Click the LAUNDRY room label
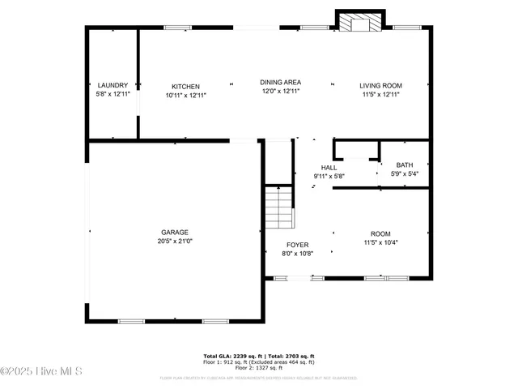[x=113, y=85]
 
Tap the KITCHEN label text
[x=185, y=87]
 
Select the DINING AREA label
[x=281, y=82]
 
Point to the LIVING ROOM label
[x=380, y=85]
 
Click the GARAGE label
[x=174, y=232]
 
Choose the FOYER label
[x=298, y=244]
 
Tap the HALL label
[x=329, y=167]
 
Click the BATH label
[x=404, y=165]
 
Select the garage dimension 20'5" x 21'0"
[x=174, y=241]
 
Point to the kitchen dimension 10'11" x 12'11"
[x=185, y=95]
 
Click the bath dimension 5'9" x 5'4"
[x=404, y=173]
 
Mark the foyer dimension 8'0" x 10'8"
[x=298, y=253]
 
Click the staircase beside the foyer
[x=278, y=207]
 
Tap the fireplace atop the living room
[x=359, y=23]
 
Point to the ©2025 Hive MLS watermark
[x=42, y=372]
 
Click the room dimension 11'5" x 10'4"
[x=380, y=242]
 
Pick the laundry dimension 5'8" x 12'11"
[x=113, y=94]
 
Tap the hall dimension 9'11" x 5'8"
[x=329, y=176]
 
